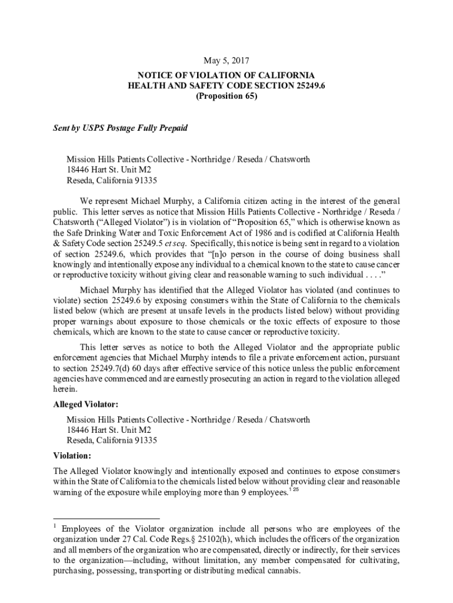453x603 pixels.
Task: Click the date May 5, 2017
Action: (226, 61)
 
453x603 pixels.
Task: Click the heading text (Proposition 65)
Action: (226, 97)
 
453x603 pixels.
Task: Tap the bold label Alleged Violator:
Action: (86, 405)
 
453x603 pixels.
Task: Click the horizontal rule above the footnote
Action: (109, 520)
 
